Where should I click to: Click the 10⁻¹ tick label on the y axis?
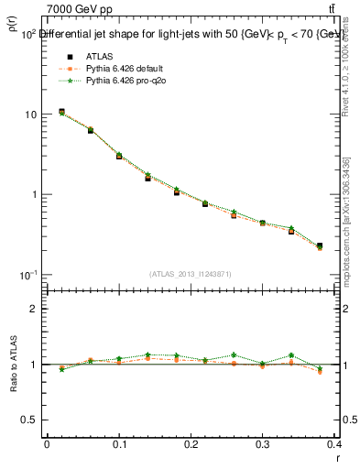(27, 275)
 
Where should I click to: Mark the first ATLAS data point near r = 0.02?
(61, 112)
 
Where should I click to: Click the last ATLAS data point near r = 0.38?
(320, 245)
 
